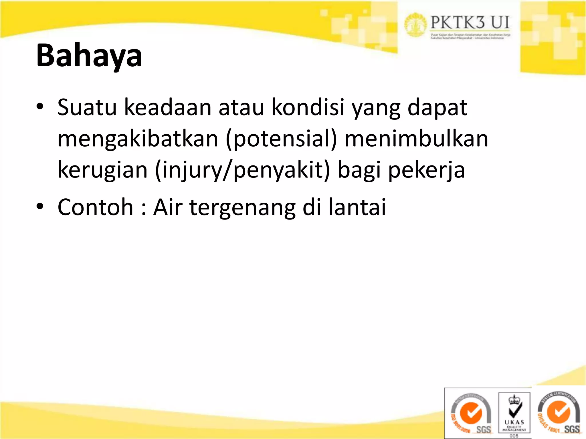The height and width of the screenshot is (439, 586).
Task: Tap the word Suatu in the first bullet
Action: coord(87,107)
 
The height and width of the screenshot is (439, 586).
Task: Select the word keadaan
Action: coord(168,107)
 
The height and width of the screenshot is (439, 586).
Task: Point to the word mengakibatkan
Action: coord(138,139)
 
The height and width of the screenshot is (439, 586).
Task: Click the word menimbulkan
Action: coord(416,139)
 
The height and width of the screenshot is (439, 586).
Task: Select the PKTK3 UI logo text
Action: coord(470,23)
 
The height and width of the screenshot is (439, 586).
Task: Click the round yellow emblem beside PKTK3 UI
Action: coord(415,25)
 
